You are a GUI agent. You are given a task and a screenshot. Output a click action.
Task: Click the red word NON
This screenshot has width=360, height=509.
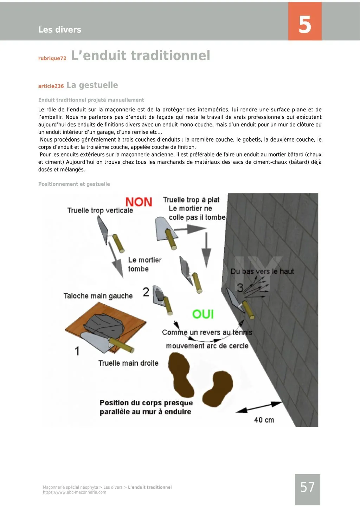coord(139,202)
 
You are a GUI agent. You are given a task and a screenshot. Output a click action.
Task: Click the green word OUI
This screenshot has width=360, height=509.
coord(203,314)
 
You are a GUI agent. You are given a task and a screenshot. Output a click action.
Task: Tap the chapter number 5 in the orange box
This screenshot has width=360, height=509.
coord(305,25)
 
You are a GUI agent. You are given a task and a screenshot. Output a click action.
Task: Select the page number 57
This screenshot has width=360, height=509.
coord(307,488)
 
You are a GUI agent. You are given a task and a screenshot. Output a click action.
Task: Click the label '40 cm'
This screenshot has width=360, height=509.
coord(264,420)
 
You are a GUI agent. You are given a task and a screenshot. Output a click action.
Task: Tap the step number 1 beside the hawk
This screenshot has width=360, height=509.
coord(77,351)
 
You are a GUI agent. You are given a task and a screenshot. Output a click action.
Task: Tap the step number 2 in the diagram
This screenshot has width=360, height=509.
coord(146,292)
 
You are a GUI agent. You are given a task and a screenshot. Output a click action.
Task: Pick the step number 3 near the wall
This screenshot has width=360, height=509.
coord(240,288)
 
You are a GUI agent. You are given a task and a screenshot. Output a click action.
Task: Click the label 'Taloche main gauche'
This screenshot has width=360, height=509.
coord(98,296)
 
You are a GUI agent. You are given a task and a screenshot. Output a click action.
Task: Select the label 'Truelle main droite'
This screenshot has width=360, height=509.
coord(128,363)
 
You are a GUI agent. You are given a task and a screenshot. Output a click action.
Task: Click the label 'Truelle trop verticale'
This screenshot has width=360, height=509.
coord(100,210)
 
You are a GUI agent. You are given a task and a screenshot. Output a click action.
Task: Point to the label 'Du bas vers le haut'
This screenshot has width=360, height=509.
coord(262,271)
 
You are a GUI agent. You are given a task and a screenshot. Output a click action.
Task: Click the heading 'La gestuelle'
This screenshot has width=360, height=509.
coord(92,85)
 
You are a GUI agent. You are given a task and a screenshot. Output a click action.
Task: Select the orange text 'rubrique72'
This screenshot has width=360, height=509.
coord(52,58)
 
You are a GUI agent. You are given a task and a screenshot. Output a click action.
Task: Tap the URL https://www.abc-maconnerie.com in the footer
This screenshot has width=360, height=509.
coord(75,492)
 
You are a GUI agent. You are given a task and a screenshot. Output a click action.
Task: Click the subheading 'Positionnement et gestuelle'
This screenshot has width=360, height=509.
coord(74,184)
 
